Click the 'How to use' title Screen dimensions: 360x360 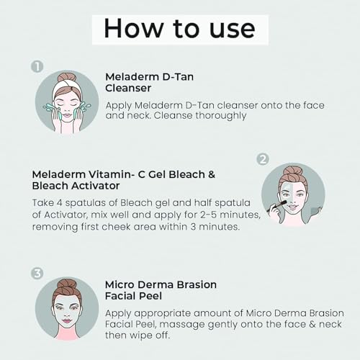point(179,29)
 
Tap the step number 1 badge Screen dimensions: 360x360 point(37,66)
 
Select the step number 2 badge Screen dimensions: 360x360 point(263,159)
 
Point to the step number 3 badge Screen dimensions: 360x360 point(37,274)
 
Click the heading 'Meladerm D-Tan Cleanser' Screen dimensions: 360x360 point(149,82)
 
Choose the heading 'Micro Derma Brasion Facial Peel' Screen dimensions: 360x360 point(161,290)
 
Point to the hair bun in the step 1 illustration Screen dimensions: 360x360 point(67,77)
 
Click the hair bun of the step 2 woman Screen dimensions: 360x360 point(292,171)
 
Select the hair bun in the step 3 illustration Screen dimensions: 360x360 point(67,285)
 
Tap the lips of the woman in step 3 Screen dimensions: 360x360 point(67,321)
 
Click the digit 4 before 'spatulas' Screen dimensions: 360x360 point(60,203)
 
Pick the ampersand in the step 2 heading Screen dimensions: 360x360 point(212,174)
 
